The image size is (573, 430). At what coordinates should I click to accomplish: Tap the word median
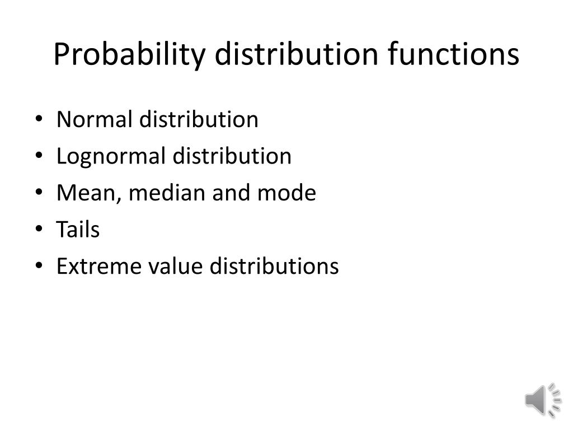(168, 193)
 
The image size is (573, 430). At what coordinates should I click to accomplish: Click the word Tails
(78, 230)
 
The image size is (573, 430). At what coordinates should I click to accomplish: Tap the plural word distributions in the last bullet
(274, 267)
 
